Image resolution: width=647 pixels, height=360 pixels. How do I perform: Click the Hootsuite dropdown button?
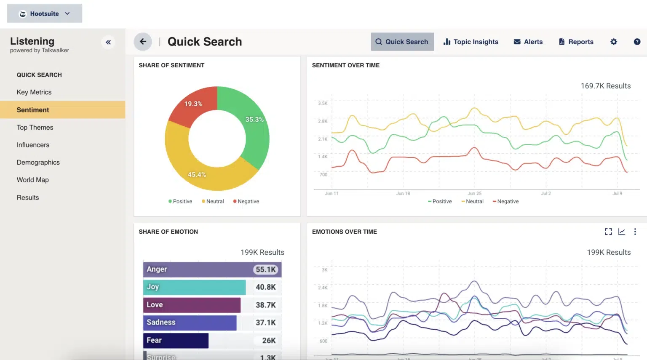pyautogui.click(x=44, y=13)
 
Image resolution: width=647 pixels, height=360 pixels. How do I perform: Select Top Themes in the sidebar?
pyautogui.click(x=35, y=127)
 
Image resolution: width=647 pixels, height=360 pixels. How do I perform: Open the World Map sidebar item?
pyautogui.click(x=33, y=180)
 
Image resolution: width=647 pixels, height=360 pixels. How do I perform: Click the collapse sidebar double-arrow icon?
pyautogui.click(x=108, y=42)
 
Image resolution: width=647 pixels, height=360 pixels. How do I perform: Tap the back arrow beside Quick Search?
pyautogui.click(x=143, y=42)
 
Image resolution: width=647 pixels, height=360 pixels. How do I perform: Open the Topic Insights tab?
pyautogui.click(x=471, y=42)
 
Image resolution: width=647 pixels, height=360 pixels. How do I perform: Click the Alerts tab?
pyautogui.click(x=528, y=42)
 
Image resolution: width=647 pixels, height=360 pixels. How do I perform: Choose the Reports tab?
pyautogui.click(x=576, y=42)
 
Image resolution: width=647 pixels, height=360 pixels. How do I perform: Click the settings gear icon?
pyautogui.click(x=614, y=42)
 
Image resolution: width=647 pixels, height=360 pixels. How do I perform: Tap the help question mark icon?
pyautogui.click(x=637, y=42)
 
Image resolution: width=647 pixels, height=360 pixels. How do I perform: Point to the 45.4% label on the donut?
pyautogui.click(x=197, y=174)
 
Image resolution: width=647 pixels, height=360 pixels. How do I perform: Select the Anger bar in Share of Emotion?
pyautogui.click(x=198, y=269)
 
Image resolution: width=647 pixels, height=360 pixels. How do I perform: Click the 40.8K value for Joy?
pyautogui.click(x=265, y=287)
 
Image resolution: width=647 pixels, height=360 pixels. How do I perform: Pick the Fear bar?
pyautogui.click(x=176, y=341)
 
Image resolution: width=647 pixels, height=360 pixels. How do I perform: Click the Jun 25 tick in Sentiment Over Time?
pyautogui.click(x=474, y=193)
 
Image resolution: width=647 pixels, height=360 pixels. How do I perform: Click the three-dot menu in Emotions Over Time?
pyautogui.click(x=635, y=232)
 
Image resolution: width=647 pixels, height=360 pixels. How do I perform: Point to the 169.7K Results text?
pyautogui.click(x=605, y=86)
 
